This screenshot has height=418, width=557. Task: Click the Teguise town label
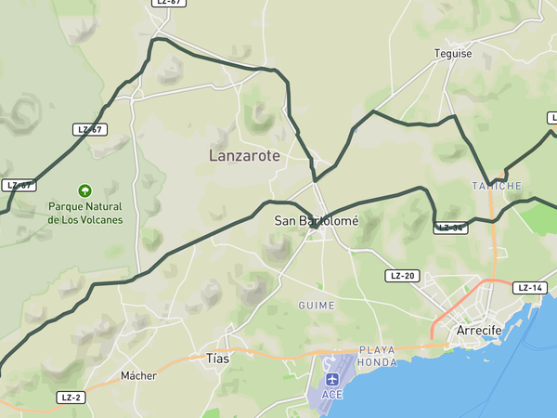pyautogui.click(x=453, y=54)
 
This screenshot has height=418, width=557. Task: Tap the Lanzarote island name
pyautogui.click(x=244, y=156)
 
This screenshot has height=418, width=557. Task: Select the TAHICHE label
pyautogui.click(x=497, y=186)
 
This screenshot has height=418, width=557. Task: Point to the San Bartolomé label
pyautogui.click(x=317, y=221)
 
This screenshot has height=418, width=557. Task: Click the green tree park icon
pyautogui.click(x=85, y=189)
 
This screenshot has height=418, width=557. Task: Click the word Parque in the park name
pyautogui.click(x=70, y=206)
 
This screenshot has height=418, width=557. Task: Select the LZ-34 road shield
pyautogui.click(x=451, y=228)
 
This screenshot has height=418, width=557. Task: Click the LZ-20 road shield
pyautogui.click(x=403, y=276)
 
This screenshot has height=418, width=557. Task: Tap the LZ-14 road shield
pyautogui.click(x=529, y=288)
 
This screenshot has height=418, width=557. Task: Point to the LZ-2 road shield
pyautogui.click(x=71, y=397)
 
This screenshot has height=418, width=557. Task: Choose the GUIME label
pyautogui.click(x=316, y=306)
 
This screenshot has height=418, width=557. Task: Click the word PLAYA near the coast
pyautogui.click(x=377, y=350)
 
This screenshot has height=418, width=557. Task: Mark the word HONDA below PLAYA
pyautogui.click(x=377, y=362)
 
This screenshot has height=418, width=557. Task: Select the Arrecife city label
pyautogui.click(x=479, y=331)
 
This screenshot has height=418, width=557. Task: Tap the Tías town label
pyautogui.click(x=217, y=358)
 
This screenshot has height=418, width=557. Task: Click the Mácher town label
pyautogui.click(x=138, y=376)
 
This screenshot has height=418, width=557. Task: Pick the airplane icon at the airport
pyautogui.click(x=332, y=379)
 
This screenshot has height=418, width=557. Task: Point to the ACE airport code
pyautogui.click(x=332, y=395)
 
